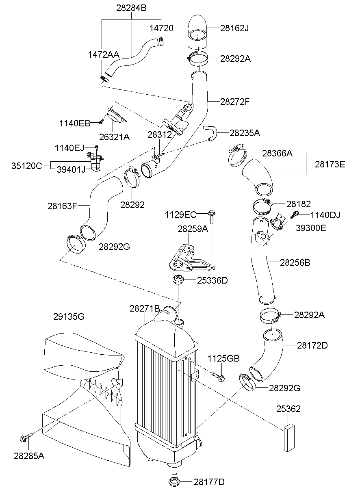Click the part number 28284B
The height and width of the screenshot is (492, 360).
coord(131,8)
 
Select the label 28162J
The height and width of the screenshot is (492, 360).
coord(234,28)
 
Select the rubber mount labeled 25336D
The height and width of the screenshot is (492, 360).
coord(178,280)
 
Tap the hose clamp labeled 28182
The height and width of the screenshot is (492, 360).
coord(262,206)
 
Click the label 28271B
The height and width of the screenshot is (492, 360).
coord(145,308)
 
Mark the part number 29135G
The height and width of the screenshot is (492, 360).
coord(69,316)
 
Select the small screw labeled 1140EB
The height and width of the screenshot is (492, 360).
coord(101,121)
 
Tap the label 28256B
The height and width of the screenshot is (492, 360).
coord(295,262)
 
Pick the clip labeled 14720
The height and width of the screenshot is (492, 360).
coord(161,41)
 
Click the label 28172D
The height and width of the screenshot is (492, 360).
coord(312,345)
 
